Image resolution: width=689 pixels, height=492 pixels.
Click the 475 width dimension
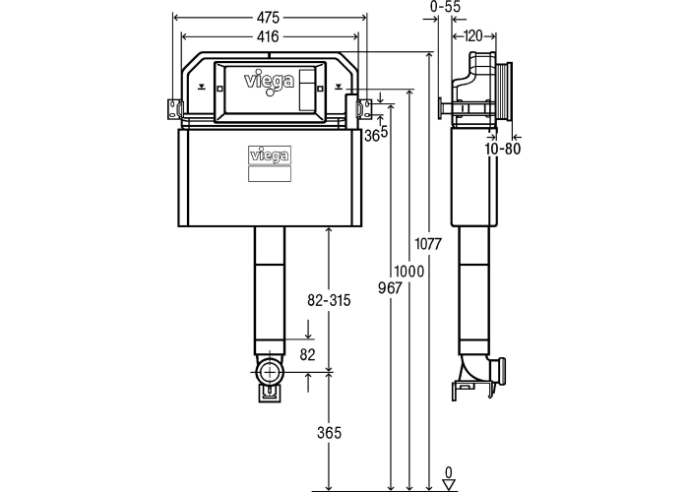click(x=268, y=18)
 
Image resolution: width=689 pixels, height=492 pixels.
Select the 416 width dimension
click(x=268, y=36)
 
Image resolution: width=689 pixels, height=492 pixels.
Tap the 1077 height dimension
click(x=428, y=243)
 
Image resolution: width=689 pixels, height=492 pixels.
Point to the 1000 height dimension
click(x=409, y=272)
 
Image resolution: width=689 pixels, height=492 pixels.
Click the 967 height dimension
click(x=390, y=288)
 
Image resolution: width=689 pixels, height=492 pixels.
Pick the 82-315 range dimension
click(x=329, y=300)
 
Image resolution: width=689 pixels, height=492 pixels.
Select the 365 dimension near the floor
click(x=329, y=433)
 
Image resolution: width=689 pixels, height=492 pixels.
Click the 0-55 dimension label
click(x=445, y=7)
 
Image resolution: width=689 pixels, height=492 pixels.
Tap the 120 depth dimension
click(x=473, y=36)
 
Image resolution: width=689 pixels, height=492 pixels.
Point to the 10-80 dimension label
click(x=503, y=149)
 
